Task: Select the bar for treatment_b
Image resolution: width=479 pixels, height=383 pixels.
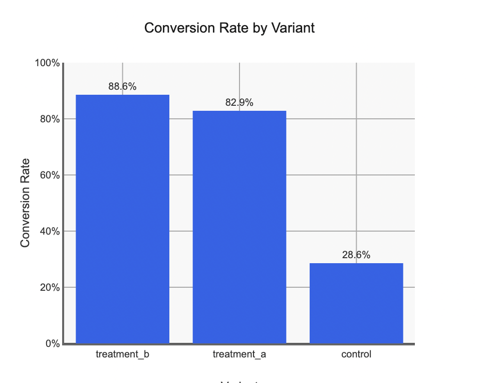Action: [122, 219]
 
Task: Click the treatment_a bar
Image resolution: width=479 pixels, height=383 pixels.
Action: [239, 227]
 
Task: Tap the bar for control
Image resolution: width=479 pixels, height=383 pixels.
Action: [356, 303]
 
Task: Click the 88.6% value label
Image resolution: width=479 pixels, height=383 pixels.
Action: [122, 86]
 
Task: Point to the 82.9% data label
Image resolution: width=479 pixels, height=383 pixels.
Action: [239, 103]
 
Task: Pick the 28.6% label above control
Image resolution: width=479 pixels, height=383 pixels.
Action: [356, 255]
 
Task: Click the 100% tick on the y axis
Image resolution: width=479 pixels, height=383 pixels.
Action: [47, 63]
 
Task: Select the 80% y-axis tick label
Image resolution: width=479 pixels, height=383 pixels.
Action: [49, 119]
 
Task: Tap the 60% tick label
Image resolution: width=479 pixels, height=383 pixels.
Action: [49, 175]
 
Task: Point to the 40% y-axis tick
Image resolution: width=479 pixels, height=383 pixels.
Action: [49, 232]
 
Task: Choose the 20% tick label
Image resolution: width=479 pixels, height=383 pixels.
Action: [49, 288]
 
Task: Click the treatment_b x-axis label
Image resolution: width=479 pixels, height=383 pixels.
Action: [122, 354]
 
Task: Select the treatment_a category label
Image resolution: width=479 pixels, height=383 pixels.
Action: [239, 354]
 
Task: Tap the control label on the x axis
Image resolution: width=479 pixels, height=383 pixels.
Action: [356, 354]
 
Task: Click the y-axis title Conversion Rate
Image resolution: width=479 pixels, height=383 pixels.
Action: [26, 203]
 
